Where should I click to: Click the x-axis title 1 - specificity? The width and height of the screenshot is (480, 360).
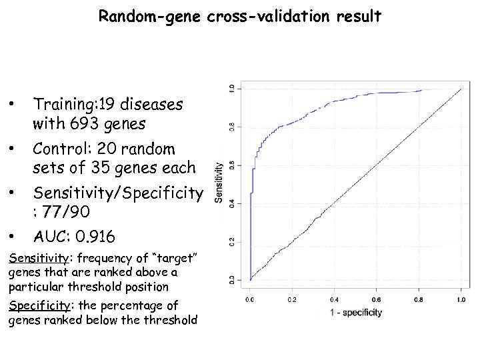(x=355, y=312)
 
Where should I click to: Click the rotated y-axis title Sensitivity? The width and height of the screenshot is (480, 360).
(x=219, y=184)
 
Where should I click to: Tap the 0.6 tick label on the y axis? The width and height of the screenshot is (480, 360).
(x=232, y=165)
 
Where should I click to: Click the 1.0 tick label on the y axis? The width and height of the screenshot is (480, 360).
(x=232, y=88)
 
